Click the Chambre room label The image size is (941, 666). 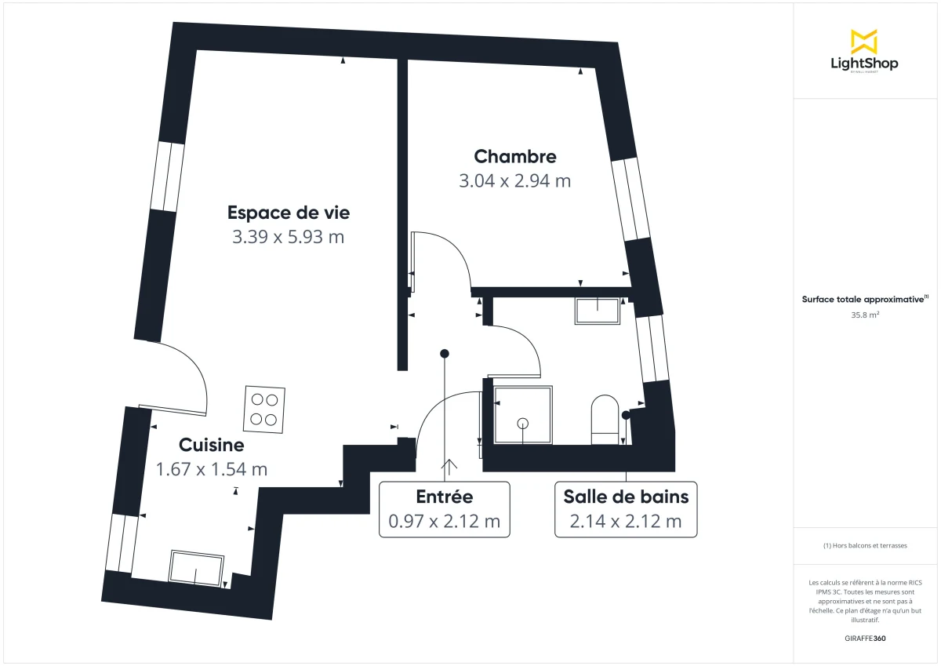514,157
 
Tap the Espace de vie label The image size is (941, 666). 288,212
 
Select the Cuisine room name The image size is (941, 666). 212,445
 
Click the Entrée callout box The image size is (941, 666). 444,508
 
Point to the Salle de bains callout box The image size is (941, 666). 626,508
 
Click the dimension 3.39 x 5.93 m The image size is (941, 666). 288,237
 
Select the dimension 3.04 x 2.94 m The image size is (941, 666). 514,181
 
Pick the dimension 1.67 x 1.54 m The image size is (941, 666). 212,469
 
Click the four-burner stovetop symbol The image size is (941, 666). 263,409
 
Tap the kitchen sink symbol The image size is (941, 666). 196,568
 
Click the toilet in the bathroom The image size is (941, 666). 605,417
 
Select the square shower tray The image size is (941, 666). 522,414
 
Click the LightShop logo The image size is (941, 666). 864,52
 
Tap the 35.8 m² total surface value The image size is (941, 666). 864,315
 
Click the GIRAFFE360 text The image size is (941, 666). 864,639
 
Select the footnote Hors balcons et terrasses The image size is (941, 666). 864,545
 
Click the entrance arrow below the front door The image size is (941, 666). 450,468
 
